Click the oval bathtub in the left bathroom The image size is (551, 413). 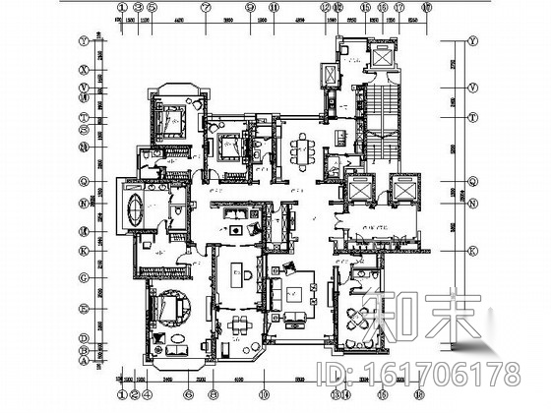(134, 208)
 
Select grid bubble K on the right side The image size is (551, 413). (473, 249)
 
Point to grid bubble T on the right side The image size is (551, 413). (473, 115)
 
